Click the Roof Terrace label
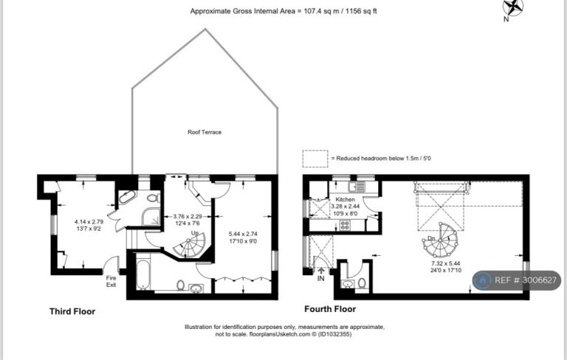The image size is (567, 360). point(205,132)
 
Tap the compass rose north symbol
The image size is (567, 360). point(513,8)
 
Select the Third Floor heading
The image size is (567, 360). point(72,311)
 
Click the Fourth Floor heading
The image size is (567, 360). point(330,309)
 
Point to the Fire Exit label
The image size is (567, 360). point(111,281)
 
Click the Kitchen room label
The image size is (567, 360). point(345,199)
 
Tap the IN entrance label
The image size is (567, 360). point(320,279)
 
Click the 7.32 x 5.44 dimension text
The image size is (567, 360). point(445,264)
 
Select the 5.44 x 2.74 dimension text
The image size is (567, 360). point(243,234)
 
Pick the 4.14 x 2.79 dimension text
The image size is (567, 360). point(89,222)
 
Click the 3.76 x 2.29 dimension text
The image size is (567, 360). point(188,216)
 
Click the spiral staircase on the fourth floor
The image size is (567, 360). point(440,240)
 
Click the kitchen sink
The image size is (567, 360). point(357,187)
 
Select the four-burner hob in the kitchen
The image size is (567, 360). point(345,225)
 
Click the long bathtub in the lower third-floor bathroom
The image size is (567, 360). point(142,271)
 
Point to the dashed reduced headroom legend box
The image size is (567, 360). point(315,159)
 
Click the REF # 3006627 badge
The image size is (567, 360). point(517,280)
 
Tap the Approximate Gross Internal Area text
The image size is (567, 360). point(283,11)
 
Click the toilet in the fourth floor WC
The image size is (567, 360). point(362,283)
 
